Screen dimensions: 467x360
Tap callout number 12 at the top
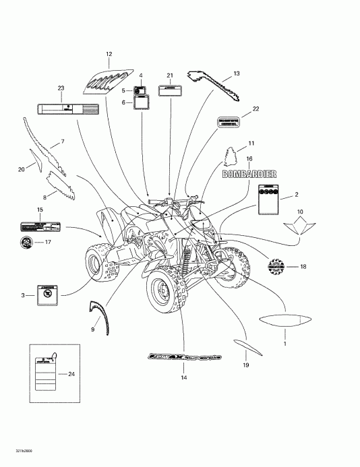pos(109,53)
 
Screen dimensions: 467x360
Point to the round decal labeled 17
pos(26,242)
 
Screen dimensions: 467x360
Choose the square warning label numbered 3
pos(47,294)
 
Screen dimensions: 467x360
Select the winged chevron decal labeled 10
pos(300,226)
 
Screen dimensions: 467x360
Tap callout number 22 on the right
pos(255,108)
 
